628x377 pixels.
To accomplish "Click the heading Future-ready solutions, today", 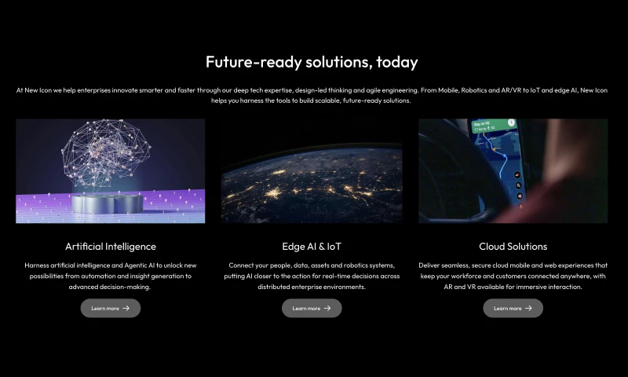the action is click(312, 62).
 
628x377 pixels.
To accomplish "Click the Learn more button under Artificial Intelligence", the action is click(111, 308).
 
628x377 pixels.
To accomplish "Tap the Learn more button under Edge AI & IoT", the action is click(312, 308).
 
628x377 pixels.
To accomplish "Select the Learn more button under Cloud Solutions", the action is click(513, 308).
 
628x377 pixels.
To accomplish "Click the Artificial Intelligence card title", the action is click(111, 247).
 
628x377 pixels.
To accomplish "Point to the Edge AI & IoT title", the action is click(312, 247).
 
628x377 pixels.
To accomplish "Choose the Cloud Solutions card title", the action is click(513, 247).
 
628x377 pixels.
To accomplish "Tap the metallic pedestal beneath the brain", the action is click(107, 203).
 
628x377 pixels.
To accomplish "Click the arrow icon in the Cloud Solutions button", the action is click(528, 308).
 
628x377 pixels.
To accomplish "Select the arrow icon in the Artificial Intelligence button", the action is click(126, 308).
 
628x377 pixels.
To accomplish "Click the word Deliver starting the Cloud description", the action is click(429, 265).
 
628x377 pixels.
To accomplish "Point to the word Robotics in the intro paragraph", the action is click(474, 90).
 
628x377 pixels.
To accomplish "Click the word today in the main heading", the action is click(397, 63).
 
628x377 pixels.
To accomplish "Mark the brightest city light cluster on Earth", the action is click(273, 193).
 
